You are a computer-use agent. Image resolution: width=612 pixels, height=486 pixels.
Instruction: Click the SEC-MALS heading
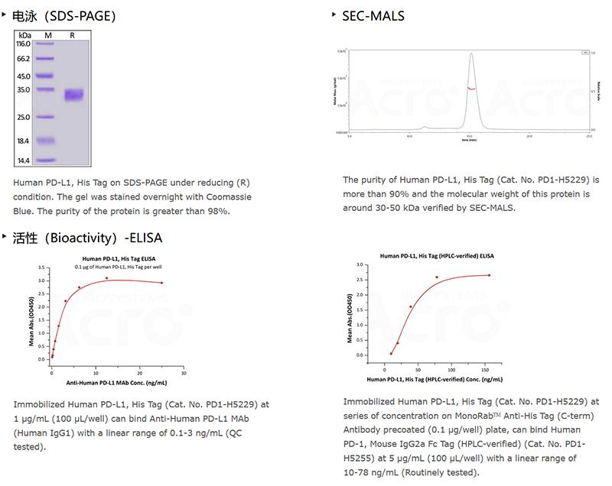373,15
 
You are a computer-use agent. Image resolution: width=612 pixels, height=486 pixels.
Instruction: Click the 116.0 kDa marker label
23,44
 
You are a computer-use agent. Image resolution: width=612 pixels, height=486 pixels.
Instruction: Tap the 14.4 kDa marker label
23,160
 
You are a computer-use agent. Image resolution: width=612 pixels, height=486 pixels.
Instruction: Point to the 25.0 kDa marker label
23,117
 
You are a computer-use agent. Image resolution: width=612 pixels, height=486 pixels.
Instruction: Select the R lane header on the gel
72,34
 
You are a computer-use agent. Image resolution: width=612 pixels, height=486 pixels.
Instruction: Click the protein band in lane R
73,96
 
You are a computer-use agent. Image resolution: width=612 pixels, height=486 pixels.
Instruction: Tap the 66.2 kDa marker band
47,59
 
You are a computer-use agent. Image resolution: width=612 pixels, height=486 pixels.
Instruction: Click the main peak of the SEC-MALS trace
471,55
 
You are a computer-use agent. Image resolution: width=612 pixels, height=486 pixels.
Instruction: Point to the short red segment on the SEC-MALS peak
471,89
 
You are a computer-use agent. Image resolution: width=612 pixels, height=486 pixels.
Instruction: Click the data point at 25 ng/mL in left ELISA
161,283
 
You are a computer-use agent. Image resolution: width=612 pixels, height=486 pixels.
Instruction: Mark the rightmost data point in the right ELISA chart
489,275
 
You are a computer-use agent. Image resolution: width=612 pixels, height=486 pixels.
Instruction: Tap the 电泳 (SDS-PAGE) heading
64,15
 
